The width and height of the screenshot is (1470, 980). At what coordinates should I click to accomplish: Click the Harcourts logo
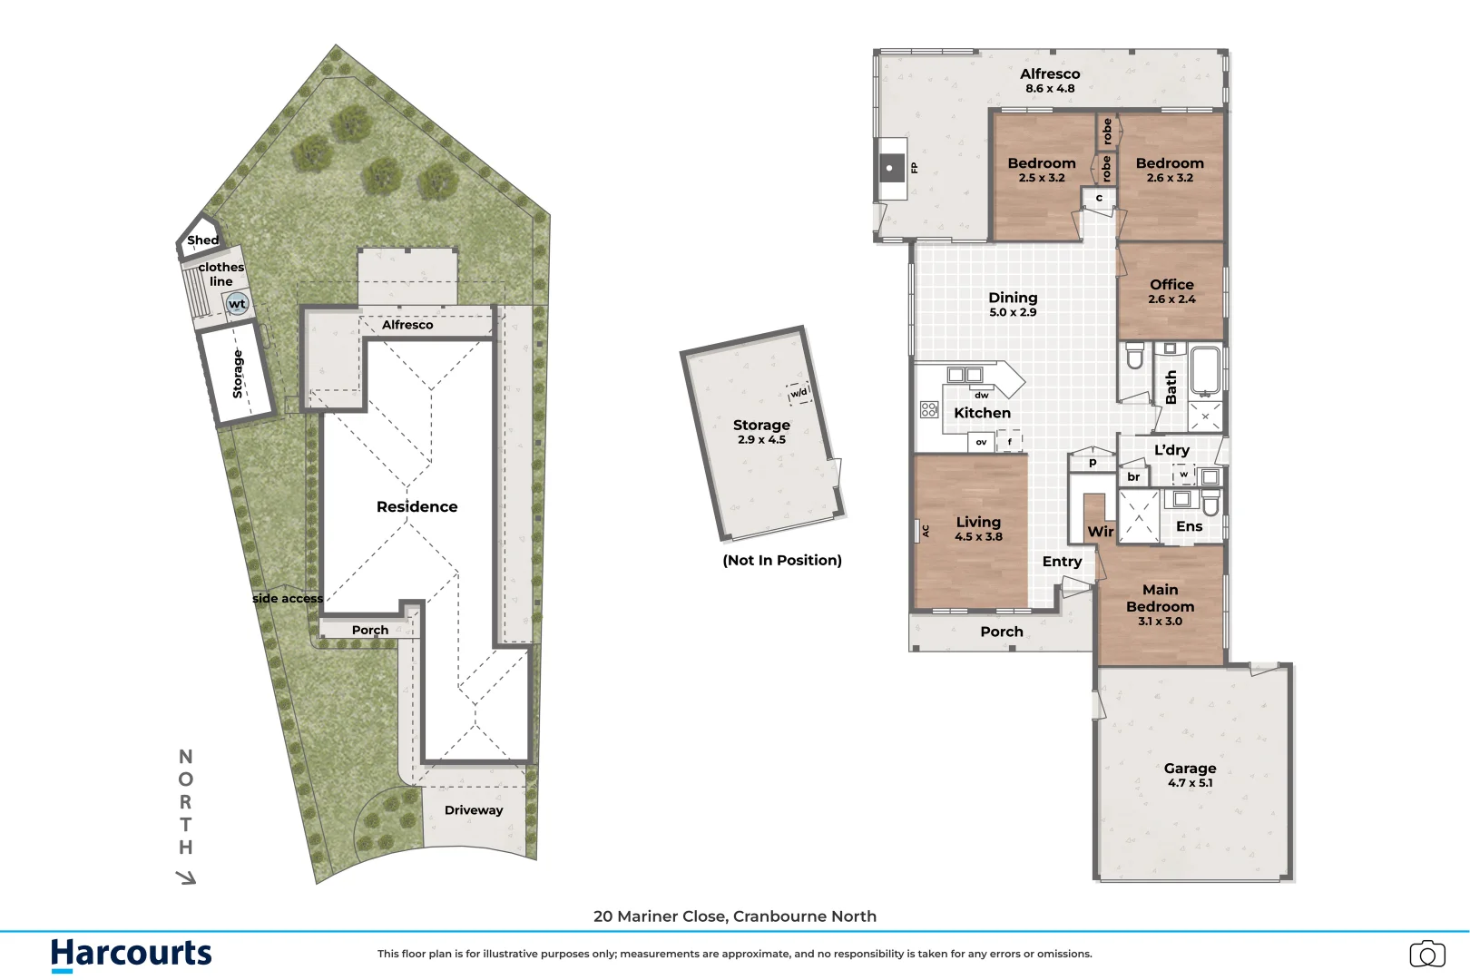pyautogui.click(x=132, y=955)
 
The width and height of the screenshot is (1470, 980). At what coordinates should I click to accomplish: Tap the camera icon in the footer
pyautogui.click(x=1427, y=955)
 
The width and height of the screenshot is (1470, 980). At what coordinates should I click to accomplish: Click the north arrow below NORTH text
pyautogui.click(x=186, y=877)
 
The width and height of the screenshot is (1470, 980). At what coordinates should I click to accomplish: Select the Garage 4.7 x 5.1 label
pyautogui.click(x=1190, y=775)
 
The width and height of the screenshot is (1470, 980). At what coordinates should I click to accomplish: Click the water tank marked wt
pyautogui.click(x=237, y=304)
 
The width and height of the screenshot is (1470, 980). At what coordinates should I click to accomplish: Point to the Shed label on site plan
pyautogui.click(x=202, y=240)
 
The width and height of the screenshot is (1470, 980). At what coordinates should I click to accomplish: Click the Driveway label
pyautogui.click(x=473, y=810)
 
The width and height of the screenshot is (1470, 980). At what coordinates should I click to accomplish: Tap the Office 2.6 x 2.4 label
pyautogui.click(x=1171, y=291)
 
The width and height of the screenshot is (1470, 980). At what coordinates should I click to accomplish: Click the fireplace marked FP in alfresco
pyautogui.click(x=892, y=168)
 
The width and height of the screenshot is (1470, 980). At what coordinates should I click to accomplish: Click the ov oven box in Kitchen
pyautogui.click(x=981, y=442)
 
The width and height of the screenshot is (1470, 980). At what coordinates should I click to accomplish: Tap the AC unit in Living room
pyautogui.click(x=925, y=531)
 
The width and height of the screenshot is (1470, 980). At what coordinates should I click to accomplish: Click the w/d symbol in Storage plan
pyautogui.click(x=799, y=393)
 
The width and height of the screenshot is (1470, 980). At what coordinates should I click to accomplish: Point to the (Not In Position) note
pyautogui.click(x=782, y=561)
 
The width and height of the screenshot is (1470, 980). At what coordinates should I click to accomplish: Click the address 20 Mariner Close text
pyautogui.click(x=734, y=916)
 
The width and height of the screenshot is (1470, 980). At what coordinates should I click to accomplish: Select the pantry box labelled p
pyautogui.click(x=1093, y=462)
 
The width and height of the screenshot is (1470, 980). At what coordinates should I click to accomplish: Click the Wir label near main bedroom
pyautogui.click(x=1100, y=532)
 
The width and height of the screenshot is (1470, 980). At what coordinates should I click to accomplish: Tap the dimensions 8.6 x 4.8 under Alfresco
pyautogui.click(x=1050, y=89)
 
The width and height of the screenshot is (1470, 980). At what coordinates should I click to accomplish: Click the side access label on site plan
pyautogui.click(x=287, y=599)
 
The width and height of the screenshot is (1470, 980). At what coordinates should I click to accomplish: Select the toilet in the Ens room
pyautogui.click(x=1210, y=504)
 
